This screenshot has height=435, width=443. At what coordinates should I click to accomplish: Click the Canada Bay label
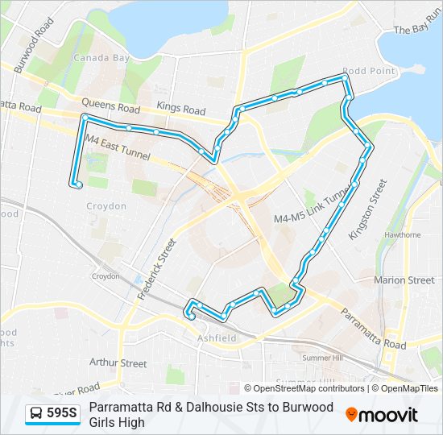click(101, 58)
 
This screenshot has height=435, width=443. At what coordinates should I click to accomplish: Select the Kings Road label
click(181, 109)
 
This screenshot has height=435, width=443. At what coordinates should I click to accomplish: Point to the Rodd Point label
click(368, 71)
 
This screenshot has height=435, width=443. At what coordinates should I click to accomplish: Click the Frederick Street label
click(156, 269)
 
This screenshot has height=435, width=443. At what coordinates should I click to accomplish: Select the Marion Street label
click(404, 280)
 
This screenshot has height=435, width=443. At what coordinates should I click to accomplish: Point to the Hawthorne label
click(403, 235)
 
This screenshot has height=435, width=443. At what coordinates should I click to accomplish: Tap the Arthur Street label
click(118, 363)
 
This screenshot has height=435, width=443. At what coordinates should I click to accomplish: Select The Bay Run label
click(415, 30)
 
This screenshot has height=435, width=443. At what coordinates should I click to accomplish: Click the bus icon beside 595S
click(36, 414)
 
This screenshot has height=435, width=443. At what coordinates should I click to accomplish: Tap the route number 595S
click(62, 414)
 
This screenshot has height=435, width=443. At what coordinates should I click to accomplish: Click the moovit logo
click(382, 415)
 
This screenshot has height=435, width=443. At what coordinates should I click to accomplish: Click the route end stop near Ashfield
click(191, 317)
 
